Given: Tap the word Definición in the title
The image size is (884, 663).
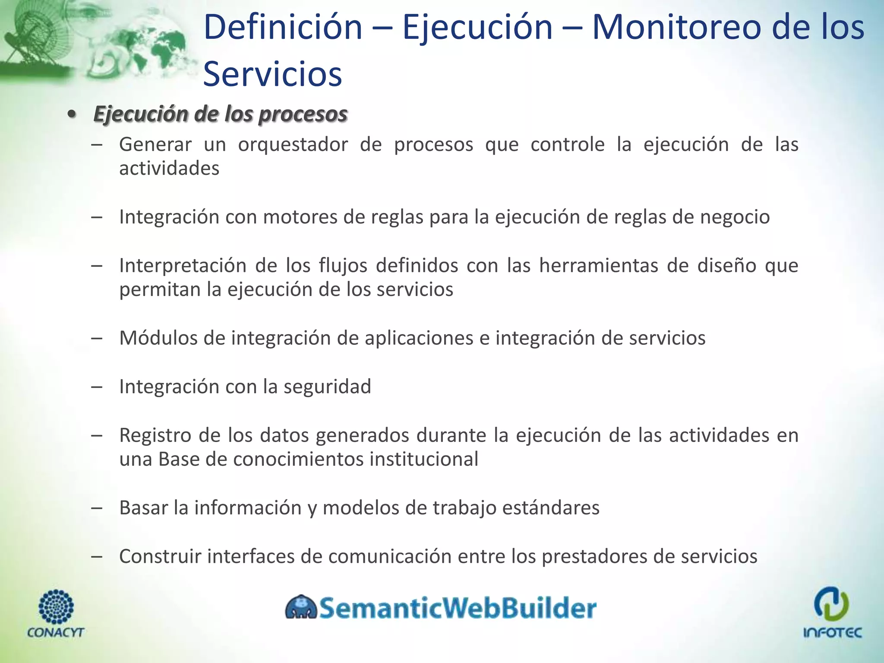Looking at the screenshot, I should [x=283, y=27].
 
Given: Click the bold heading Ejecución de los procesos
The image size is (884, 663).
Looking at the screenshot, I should [x=220, y=114].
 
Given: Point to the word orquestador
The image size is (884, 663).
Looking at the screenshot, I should [x=293, y=145].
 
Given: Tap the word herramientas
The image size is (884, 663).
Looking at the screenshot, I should [x=599, y=265].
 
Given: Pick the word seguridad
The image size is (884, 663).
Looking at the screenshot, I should [x=327, y=387].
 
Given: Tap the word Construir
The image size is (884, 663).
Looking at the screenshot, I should [x=160, y=556].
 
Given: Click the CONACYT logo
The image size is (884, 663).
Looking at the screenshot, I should [x=56, y=613].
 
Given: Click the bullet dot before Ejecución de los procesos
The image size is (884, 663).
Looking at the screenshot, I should [x=72, y=114].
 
